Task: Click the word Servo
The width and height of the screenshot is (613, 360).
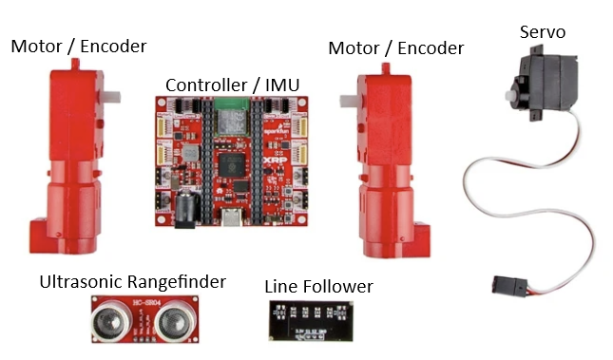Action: click(544, 32)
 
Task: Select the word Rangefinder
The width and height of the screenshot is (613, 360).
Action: click(179, 282)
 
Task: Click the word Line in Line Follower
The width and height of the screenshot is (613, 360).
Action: click(281, 287)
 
